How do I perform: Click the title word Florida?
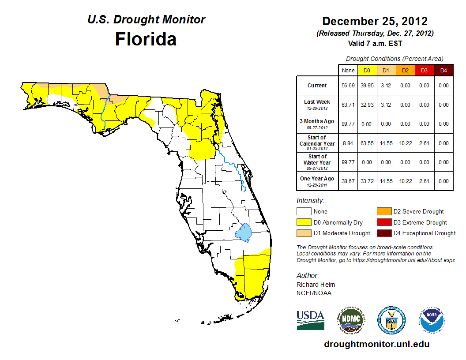(146, 39)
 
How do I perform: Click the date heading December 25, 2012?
(375, 21)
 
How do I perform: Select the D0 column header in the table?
(367, 70)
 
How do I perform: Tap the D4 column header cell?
(443, 70)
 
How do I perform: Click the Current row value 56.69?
(348, 86)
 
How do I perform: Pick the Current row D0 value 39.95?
(367, 86)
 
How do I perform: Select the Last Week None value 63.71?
(348, 105)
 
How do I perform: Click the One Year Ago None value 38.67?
(348, 181)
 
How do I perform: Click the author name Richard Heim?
(316, 285)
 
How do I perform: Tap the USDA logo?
(310, 320)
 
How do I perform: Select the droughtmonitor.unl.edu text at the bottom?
(376, 344)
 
